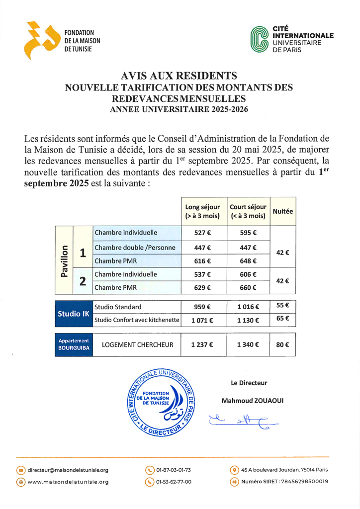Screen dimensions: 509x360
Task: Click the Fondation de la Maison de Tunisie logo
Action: click(39, 40)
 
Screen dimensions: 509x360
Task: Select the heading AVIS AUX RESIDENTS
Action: click(179, 76)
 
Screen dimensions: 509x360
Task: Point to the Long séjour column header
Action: click(202, 211)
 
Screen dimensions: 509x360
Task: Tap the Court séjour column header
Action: click(248, 211)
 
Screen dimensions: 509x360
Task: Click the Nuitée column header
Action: click(282, 211)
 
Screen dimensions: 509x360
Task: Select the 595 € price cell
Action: click(248, 233)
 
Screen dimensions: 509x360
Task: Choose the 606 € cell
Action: click(248, 274)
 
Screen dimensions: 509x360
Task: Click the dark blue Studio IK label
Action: click(73, 314)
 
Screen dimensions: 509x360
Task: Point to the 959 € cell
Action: click(202, 307)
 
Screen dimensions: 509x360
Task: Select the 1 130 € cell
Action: click(248, 321)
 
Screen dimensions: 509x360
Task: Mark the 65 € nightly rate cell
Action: click(282, 318)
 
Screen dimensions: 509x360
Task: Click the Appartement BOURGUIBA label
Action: click(74, 344)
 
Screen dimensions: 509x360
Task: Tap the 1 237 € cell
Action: click(202, 344)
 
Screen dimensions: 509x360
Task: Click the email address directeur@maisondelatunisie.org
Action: click(68, 470)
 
